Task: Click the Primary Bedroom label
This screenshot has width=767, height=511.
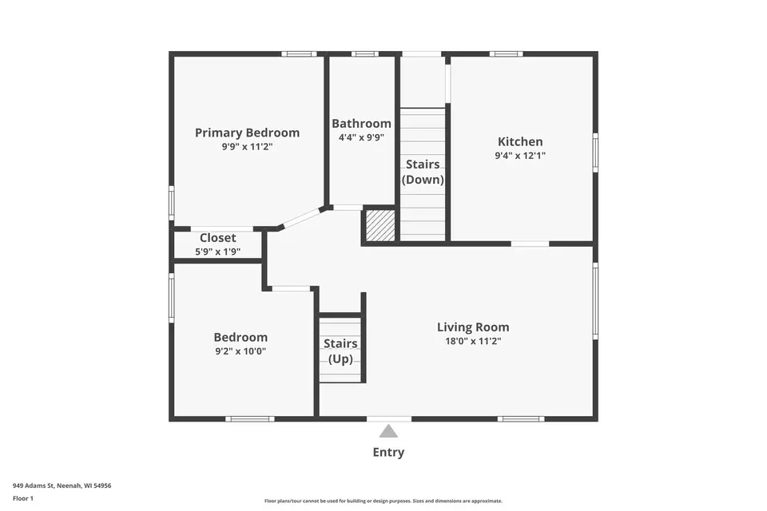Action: coord(247,133)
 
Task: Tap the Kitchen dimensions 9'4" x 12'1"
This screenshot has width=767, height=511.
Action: coord(520,156)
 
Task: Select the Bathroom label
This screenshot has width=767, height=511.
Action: coord(361,123)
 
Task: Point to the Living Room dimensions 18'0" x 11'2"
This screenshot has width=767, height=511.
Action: coord(473,341)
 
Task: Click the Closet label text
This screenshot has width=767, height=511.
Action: coord(217,238)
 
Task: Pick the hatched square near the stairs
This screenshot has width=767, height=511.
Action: coord(380,225)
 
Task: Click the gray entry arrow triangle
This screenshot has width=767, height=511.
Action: coord(388,431)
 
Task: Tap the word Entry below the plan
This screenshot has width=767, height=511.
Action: coord(388,453)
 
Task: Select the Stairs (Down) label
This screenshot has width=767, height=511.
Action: coord(423,172)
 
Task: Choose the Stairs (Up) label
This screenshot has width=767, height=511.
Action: coord(340,351)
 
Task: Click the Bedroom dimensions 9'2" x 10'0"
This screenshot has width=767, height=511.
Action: coord(240,351)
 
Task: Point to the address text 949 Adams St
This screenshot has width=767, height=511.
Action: coord(34,485)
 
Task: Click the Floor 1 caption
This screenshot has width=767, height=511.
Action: coord(23,498)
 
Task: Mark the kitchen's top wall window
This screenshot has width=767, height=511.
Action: coord(507,53)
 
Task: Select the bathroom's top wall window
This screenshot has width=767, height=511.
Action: coord(365,53)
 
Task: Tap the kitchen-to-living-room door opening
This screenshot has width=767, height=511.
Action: coord(530,243)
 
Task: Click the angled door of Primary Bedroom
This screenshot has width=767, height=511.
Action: coord(301,218)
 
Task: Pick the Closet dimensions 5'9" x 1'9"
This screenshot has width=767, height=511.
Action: coord(217,252)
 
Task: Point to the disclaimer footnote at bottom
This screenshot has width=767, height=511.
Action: coord(383,501)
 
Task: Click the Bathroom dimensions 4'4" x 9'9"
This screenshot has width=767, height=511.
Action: coord(361,137)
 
